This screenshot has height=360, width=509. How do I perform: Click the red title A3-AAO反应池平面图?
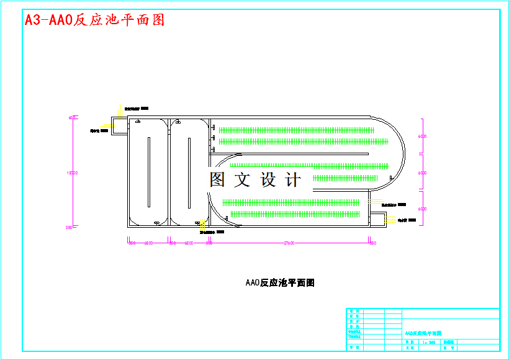[95, 20]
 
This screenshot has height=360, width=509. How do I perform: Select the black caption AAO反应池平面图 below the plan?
[280, 283]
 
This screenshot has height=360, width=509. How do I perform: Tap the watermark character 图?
[217, 180]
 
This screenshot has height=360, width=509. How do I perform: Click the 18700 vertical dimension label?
[73, 173]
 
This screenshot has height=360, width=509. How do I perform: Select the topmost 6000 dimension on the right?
[422, 136]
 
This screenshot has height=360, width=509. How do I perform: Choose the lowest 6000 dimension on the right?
[422, 209]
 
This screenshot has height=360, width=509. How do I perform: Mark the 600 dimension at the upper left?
[72, 117]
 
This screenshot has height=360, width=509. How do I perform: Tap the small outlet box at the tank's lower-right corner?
[377, 219]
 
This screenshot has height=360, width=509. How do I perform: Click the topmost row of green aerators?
[296, 130]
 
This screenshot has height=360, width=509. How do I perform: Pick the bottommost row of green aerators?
[295, 214]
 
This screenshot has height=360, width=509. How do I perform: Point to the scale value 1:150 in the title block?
[428, 342]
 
